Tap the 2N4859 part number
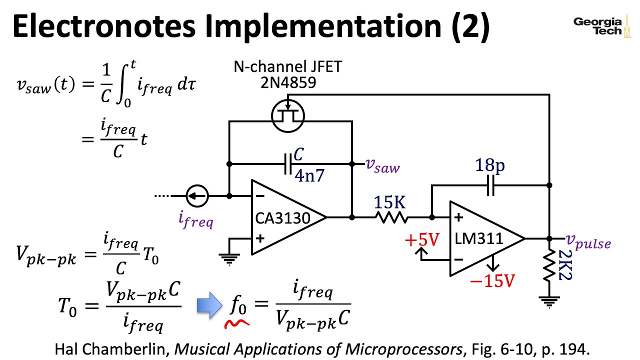point(288,82)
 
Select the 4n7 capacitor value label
point(310,175)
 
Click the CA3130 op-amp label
point(282,218)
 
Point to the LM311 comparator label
point(478,238)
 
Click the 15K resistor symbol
point(392,217)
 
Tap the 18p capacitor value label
point(489,165)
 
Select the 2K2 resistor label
point(565,265)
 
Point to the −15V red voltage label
point(492,281)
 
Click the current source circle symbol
point(197,196)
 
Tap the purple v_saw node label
point(382,165)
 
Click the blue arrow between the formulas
point(209,306)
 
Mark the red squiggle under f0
point(237,324)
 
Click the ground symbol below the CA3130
point(229,257)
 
